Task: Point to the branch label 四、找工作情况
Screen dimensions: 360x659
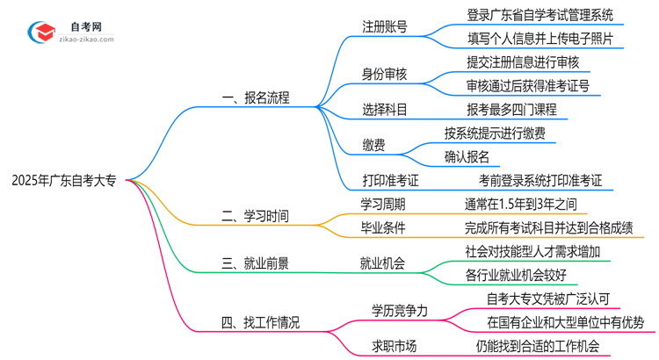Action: click(x=260, y=322)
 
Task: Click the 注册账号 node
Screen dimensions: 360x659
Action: click(x=385, y=26)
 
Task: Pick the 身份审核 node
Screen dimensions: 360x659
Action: click(x=385, y=74)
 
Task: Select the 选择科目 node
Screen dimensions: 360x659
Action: click(x=385, y=110)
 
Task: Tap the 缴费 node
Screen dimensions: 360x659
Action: click(x=373, y=146)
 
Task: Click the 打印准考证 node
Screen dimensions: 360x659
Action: click(x=391, y=181)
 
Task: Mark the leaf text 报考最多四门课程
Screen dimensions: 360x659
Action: click(x=511, y=110)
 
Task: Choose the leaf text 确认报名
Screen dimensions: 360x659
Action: click(x=467, y=157)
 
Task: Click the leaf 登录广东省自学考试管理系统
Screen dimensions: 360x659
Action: click(x=540, y=15)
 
